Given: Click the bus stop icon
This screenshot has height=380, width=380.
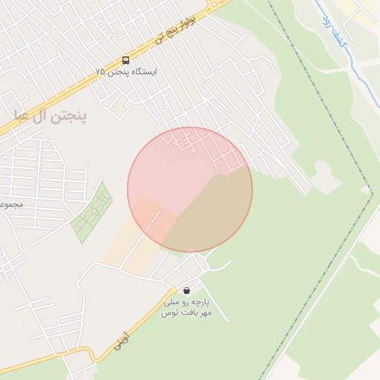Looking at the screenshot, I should coord(125,61).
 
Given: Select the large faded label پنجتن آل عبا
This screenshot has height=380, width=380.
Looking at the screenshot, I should coord(50,117).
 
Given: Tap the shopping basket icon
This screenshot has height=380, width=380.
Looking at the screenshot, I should coord(186,290).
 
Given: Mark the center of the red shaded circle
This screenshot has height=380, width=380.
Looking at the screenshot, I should coord(190,189).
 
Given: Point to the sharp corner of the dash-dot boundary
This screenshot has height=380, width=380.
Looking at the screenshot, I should coord(372,192).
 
